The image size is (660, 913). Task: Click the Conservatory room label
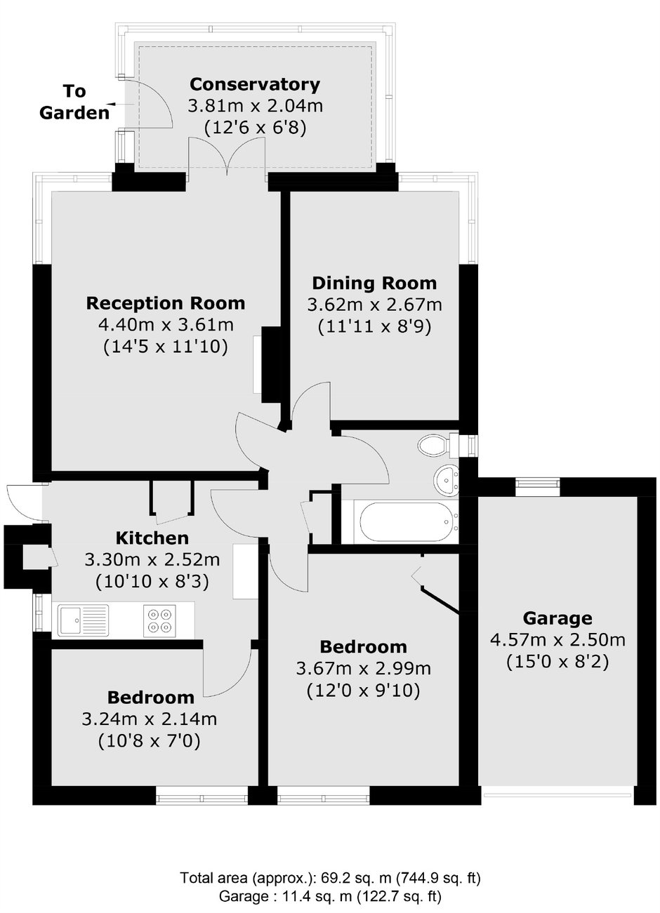[255, 85]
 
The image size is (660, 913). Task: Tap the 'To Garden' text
[74, 102]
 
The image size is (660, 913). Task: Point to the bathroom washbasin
[446, 479]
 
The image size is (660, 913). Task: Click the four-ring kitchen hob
[157, 620]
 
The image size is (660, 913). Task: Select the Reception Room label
[166, 303]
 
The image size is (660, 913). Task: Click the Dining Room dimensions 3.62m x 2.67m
[374, 305]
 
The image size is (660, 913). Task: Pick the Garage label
[557, 618]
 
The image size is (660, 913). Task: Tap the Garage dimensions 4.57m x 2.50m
[557, 640]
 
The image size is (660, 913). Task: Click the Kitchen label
[152, 538]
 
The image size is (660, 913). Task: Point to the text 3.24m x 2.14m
[150, 719]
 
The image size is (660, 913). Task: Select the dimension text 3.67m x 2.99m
[363, 668]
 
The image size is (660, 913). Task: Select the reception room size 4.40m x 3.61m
[166, 325]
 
